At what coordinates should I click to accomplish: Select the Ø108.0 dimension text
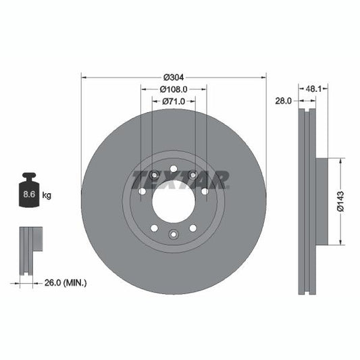point(174,88)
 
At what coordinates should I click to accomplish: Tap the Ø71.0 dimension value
point(174,101)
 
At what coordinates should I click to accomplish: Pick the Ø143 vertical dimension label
point(341,201)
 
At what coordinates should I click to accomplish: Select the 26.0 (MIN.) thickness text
point(65,282)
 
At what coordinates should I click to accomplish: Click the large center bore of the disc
point(174,201)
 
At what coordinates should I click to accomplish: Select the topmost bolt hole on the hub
point(174,169)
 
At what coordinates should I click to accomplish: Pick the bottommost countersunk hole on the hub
point(174,234)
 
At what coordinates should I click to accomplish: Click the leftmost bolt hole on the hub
point(142,191)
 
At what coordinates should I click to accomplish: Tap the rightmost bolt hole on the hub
point(205,191)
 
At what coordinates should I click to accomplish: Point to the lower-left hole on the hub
point(154,228)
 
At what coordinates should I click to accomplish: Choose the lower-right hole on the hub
point(193,228)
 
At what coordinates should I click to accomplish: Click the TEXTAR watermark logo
point(181,180)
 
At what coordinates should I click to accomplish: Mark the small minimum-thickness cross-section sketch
point(30,250)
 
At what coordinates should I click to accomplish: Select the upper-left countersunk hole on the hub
point(154,176)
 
